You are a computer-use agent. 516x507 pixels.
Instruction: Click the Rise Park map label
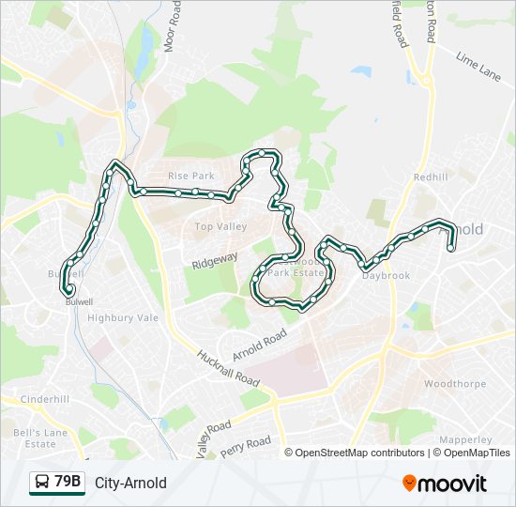tap(191, 177)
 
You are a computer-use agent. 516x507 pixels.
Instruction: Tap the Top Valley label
tap(220, 226)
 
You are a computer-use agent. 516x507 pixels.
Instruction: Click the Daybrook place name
tap(387, 276)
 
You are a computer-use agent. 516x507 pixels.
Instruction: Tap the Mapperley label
tap(466, 439)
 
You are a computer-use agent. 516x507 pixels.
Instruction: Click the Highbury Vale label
tap(123, 318)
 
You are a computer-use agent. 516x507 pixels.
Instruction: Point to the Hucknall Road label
tap(227, 368)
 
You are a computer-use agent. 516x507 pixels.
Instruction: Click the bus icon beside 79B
tap(41, 483)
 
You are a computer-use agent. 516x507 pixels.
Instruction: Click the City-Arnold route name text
tap(130, 483)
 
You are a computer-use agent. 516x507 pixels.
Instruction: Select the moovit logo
tap(445, 483)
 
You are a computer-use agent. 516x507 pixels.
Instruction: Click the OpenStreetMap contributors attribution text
tap(359, 453)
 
